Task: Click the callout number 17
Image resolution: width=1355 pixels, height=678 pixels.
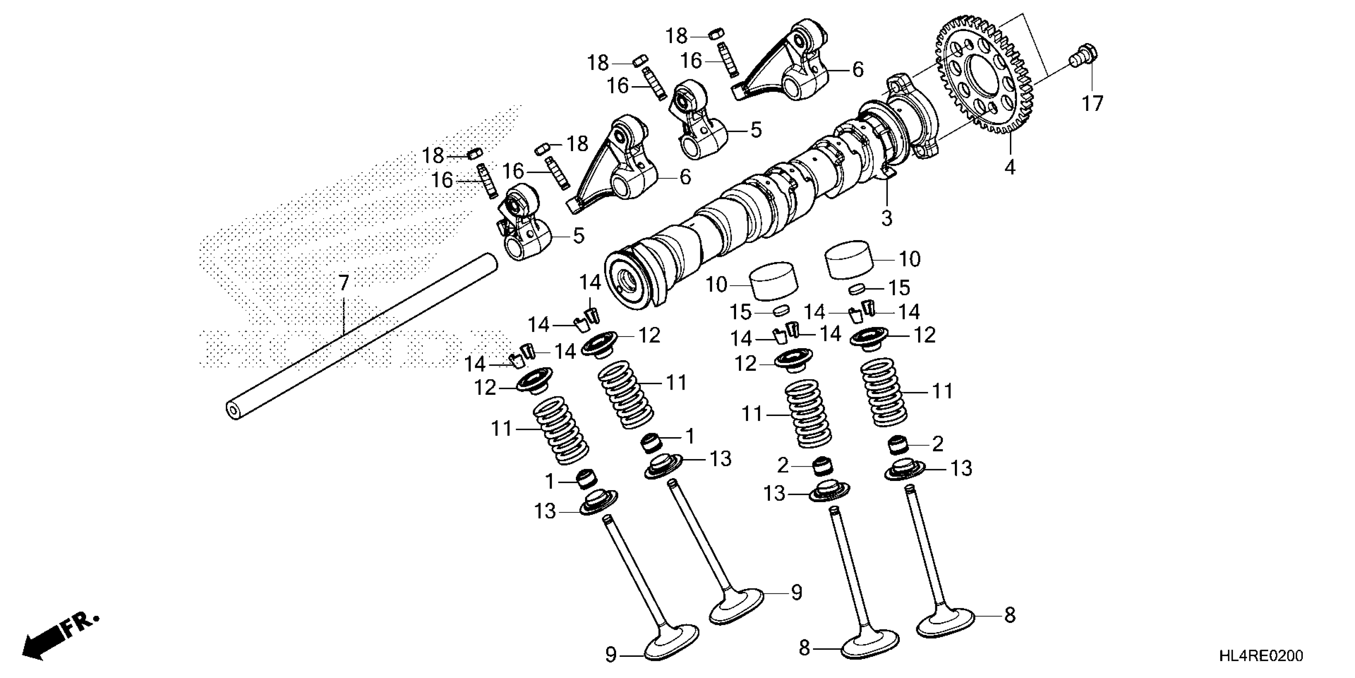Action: click(1092, 104)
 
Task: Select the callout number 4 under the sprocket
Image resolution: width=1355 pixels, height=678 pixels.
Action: click(1009, 168)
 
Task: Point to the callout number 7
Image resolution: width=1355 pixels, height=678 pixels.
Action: click(344, 283)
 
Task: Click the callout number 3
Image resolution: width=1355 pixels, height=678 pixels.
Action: click(887, 217)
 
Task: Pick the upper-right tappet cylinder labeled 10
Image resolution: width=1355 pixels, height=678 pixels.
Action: click(848, 260)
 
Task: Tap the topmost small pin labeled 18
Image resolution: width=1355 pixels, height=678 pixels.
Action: click(714, 35)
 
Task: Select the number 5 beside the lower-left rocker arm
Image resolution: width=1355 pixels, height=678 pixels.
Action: click(579, 236)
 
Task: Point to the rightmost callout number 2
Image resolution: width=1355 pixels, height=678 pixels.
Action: click(937, 444)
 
